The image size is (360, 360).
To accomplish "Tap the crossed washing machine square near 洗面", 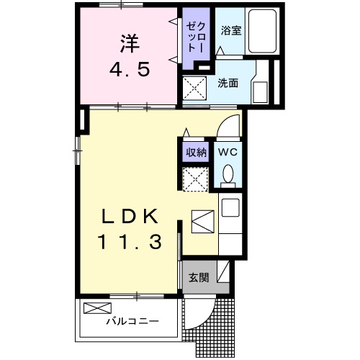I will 194,90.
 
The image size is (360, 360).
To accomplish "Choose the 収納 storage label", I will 196,152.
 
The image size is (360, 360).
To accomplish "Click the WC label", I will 228,152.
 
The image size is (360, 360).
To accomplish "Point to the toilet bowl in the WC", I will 228,175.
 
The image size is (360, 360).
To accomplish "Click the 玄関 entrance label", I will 199,278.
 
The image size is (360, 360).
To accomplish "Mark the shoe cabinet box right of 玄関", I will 225,272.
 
